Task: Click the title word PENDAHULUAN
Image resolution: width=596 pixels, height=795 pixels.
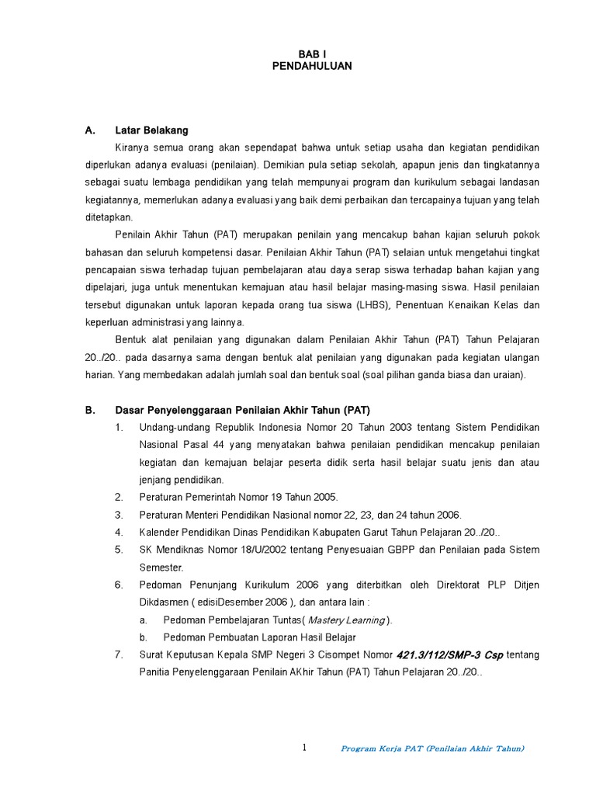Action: click(x=312, y=67)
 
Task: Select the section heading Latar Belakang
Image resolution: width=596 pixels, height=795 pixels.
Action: click(x=151, y=130)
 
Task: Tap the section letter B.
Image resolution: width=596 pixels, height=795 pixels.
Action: click(x=89, y=410)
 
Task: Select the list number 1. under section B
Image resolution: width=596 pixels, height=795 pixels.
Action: click(x=119, y=428)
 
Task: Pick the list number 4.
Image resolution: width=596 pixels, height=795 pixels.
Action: click(x=119, y=532)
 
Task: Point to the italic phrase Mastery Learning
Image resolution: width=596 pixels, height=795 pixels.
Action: click(x=346, y=620)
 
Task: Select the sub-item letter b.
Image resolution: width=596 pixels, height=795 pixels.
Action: click(x=144, y=637)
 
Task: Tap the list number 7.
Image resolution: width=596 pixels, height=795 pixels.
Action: click(x=119, y=654)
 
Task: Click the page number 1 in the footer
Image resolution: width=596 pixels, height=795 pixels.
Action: click(x=304, y=748)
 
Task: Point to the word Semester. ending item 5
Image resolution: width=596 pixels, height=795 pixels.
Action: click(x=161, y=567)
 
